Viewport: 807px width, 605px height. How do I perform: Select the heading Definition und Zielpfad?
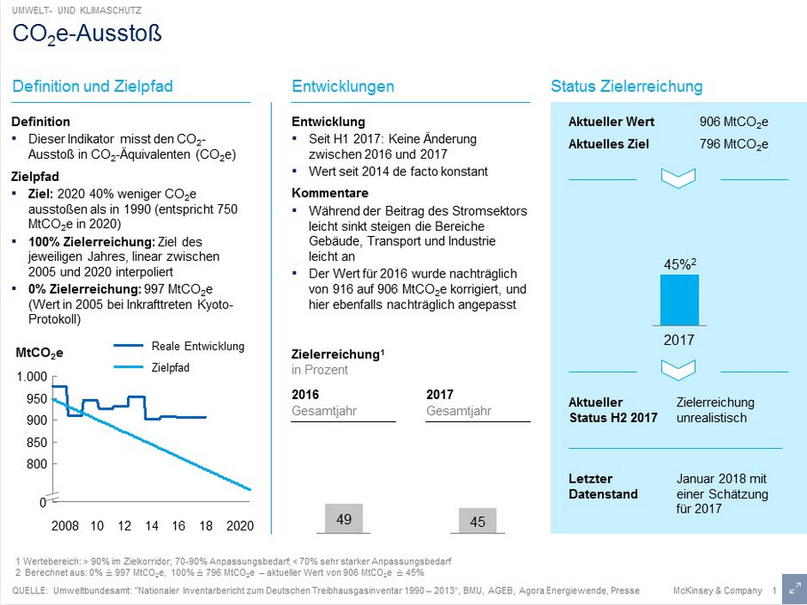(92, 86)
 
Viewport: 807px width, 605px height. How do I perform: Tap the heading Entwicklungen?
(343, 86)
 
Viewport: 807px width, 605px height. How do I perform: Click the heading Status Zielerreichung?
(626, 86)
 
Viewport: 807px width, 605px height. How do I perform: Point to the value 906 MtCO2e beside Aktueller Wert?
(733, 122)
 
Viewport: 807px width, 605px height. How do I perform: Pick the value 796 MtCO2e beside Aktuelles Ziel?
(733, 144)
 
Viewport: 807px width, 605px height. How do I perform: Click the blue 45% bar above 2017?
(679, 300)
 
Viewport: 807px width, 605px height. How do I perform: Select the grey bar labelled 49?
(344, 519)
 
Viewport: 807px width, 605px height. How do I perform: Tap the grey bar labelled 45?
(478, 521)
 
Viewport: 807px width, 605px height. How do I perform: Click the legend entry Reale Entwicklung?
(197, 346)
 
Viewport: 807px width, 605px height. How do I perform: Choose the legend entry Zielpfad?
(170, 366)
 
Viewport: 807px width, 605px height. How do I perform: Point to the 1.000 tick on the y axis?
(31, 378)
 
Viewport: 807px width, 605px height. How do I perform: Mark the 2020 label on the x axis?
(240, 526)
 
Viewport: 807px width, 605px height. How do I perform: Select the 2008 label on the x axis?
(65, 526)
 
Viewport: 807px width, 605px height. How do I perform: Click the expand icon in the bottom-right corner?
(795, 590)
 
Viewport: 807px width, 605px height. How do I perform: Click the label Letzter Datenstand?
(603, 486)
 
